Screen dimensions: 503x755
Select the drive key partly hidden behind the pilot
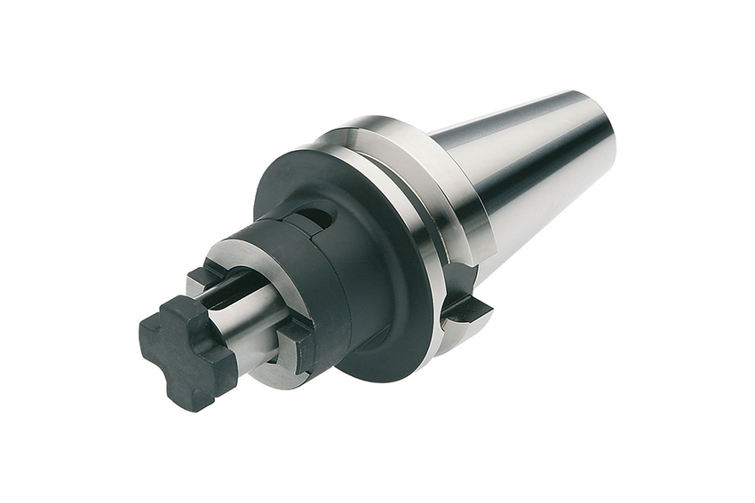click(x=206, y=277)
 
